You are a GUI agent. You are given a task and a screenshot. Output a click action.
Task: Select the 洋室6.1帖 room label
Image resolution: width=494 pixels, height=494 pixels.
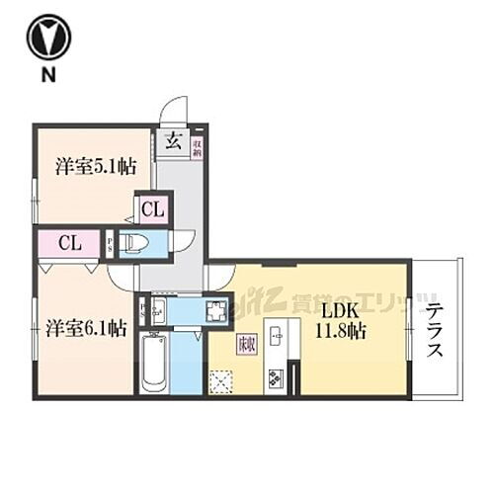[x=83, y=327]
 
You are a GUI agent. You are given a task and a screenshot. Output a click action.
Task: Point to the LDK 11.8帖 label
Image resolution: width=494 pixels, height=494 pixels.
[x=337, y=321]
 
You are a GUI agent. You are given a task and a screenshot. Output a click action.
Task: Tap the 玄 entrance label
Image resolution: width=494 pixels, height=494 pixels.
[x=172, y=139]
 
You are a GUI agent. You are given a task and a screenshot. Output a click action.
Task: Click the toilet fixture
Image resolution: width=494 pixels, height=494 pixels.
[x=138, y=243]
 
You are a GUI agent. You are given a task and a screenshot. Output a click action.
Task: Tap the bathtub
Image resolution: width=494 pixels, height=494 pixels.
[x=154, y=362]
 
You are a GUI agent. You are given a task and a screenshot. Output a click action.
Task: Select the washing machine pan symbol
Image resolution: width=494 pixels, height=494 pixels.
[x=216, y=312]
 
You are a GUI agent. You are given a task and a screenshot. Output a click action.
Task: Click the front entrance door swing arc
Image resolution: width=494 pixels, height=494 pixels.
[x=176, y=110]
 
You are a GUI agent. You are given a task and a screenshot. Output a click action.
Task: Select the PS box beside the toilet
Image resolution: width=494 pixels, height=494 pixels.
[x=110, y=243]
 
